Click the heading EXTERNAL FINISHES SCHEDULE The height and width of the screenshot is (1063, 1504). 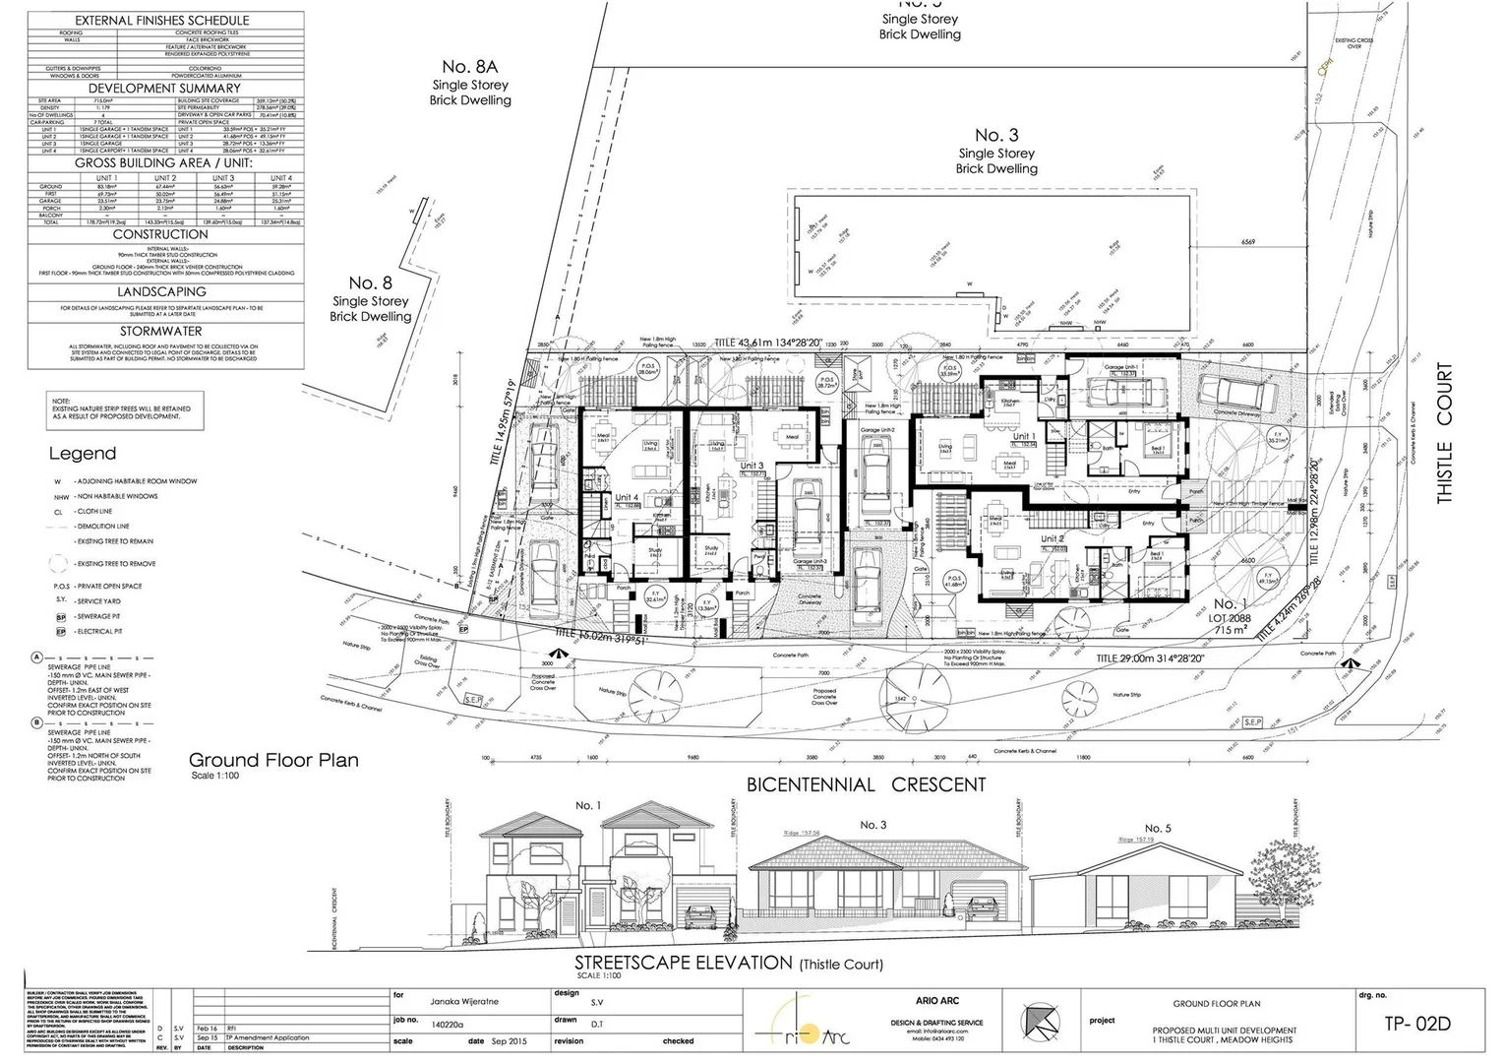(161, 20)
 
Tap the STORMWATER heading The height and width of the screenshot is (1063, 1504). (161, 332)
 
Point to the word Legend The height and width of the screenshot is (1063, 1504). (83, 454)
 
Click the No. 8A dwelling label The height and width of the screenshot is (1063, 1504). (470, 67)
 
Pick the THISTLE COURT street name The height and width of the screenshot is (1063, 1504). (1444, 433)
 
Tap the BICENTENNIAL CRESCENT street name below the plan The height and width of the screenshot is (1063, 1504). (866, 784)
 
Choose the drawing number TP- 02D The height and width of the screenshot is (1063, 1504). (1416, 1023)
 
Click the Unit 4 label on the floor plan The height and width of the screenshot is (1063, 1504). (627, 498)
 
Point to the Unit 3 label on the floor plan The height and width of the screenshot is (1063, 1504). (752, 466)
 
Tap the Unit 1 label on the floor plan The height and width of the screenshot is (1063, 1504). (1024, 436)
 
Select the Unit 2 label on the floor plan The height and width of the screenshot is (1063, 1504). (1052, 538)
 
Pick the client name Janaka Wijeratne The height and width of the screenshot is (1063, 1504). (465, 1002)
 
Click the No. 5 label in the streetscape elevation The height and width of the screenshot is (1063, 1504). (1159, 828)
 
